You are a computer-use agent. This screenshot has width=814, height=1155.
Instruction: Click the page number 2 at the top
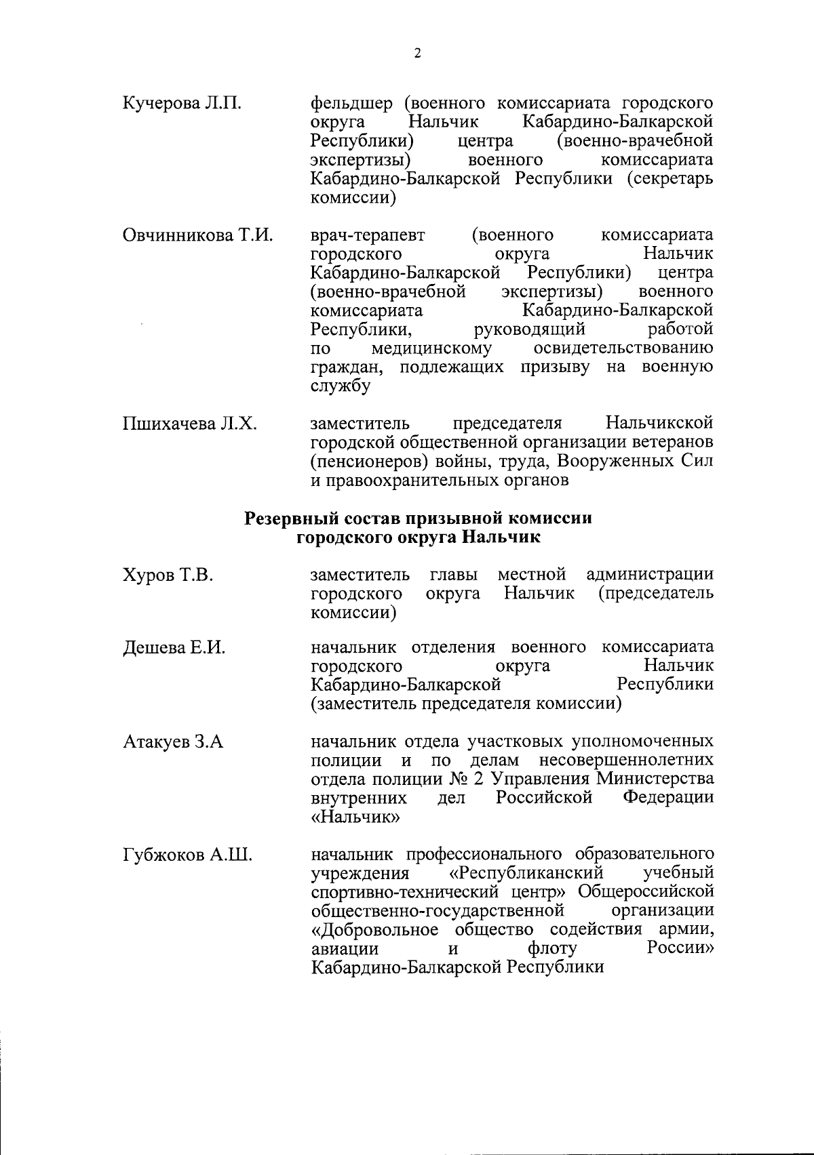417,54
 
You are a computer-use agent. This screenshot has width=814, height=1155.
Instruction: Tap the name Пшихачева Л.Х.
190,424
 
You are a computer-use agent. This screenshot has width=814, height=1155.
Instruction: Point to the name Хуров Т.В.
168,576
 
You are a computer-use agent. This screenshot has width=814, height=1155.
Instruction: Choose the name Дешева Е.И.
174,648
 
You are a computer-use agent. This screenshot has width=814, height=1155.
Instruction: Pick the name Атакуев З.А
173,742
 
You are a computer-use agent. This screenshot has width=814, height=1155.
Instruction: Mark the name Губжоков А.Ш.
188,855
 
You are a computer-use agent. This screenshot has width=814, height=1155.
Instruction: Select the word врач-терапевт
368,236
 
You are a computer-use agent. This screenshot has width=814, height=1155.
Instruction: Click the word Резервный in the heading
296,519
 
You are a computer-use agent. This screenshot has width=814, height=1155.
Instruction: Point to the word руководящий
529,330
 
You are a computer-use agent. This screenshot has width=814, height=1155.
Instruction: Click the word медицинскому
431,349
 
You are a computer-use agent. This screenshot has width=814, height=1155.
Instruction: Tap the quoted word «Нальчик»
355,817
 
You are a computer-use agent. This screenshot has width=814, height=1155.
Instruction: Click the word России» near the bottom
681,948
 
